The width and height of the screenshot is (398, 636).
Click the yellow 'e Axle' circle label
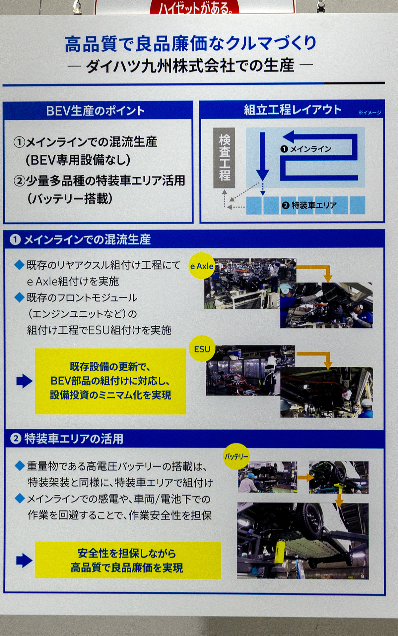coord(202,266)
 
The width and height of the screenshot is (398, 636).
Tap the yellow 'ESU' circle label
coord(202,349)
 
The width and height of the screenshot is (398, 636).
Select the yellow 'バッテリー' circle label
coord(236,457)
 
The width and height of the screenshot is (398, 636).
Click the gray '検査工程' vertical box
coord(224,158)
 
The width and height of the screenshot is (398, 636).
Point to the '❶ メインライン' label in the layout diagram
coord(306,149)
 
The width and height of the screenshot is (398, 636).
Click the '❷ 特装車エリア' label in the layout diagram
coord(309,205)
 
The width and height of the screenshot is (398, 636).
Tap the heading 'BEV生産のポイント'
coord(96,111)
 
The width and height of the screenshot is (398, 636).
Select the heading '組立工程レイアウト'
coord(293,110)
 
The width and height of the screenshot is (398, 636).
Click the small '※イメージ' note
coord(369,113)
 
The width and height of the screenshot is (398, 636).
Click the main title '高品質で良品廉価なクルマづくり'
coord(191,44)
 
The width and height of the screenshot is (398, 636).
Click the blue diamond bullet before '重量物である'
coord(20,466)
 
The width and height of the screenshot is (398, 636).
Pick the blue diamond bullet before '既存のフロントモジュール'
coord(20,297)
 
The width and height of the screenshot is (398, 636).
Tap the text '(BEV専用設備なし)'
coord(78,160)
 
